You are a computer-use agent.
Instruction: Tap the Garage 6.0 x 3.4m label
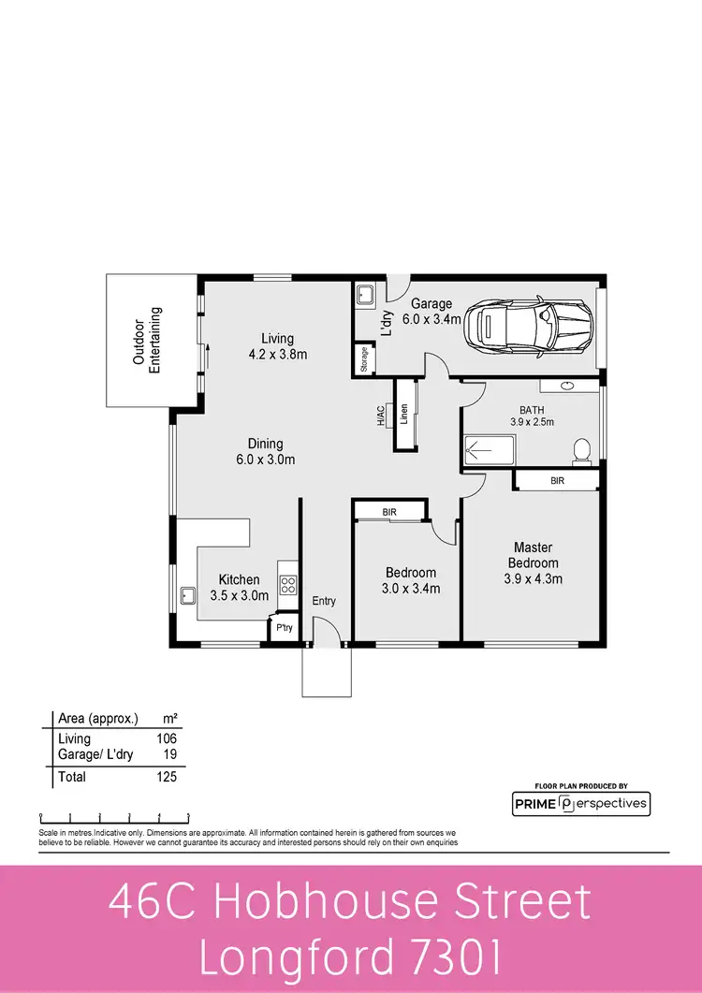tap(432, 312)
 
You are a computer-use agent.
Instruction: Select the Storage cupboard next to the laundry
tap(363, 360)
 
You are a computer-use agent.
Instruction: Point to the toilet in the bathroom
tap(582, 451)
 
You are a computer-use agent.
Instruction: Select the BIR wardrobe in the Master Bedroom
tap(558, 480)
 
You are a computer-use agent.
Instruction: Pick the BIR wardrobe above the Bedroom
tap(389, 511)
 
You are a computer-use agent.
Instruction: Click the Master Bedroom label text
tap(533, 555)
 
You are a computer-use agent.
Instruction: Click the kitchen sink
tap(188, 595)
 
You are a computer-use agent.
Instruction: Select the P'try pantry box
tap(284, 629)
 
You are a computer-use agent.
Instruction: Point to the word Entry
tap(324, 601)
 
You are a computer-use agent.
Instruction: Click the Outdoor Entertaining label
tap(147, 341)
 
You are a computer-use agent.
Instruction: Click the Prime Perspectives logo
tap(580, 803)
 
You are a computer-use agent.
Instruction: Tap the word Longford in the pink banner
tap(298, 959)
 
